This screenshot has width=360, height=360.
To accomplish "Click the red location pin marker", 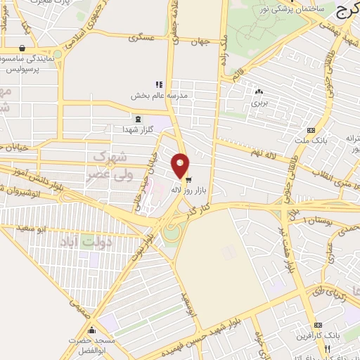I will [x=181, y=165].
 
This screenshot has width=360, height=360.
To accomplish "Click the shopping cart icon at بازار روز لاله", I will [x=188, y=179].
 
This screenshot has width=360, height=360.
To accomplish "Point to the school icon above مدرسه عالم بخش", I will [x=160, y=84].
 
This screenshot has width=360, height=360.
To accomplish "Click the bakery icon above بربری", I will [x=259, y=91].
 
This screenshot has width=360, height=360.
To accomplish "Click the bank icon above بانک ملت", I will [x=311, y=130].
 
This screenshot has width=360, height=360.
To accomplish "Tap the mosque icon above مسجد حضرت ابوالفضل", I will [x=91, y=330].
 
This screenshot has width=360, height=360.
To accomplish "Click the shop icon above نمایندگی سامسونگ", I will [x=22, y=49].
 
